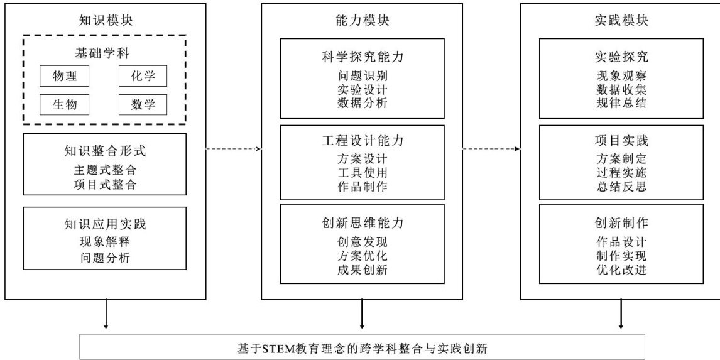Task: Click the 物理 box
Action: [x=64, y=77]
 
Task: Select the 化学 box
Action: [x=143, y=77]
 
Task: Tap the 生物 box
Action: [x=64, y=104]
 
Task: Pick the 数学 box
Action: [x=143, y=104]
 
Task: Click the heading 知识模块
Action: [x=105, y=20]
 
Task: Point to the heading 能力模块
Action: [x=362, y=20]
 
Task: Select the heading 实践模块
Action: [x=621, y=20]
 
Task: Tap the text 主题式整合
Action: [x=105, y=169]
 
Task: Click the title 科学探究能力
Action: [x=362, y=57]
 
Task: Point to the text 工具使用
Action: [x=362, y=172]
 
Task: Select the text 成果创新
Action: [x=362, y=270]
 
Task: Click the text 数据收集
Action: [x=621, y=89]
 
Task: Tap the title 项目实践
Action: [x=621, y=139]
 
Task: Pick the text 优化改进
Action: [x=621, y=270]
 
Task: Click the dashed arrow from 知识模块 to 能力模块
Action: [x=232, y=150]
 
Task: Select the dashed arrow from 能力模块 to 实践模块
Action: [x=491, y=150]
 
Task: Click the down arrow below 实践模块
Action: [x=621, y=314]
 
